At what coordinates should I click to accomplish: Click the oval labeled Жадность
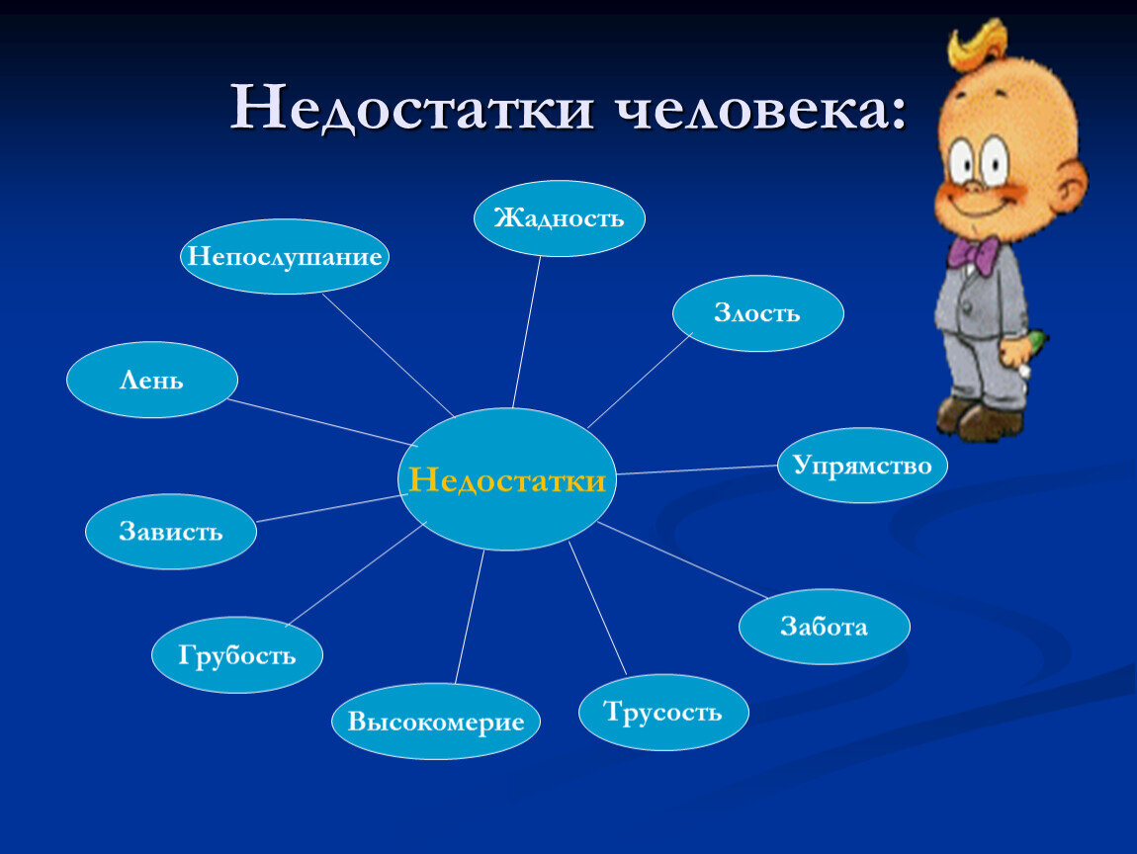tap(560, 218)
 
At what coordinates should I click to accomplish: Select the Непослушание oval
tap(285, 257)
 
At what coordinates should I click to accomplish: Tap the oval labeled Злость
tap(757, 313)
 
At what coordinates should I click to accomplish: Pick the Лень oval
tap(152, 381)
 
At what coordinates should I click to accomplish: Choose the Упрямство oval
tap(862, 466)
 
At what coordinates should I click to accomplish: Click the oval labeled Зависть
tap(171, 532)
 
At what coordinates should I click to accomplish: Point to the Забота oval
tap(824, 627)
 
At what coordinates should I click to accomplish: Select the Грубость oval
tap(237, 655)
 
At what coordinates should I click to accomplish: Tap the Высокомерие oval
tap(436, 722)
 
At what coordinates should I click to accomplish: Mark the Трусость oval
tap(663, 713)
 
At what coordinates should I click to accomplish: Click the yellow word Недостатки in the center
tap(506, 481)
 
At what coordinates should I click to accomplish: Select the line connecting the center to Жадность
tap(527, 331)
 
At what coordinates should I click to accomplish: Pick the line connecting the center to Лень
tap(321, 423)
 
